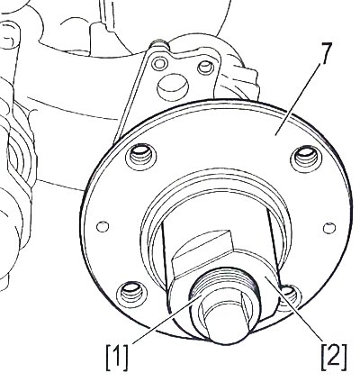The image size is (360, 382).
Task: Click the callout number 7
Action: click(x=323, y=53)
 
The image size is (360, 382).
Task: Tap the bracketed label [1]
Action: click(x=117, y=358)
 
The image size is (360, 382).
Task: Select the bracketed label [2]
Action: click(x=334, y=358)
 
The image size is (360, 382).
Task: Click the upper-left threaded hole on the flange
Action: click(x=141, y=157)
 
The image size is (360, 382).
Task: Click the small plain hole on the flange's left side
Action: click(x=103, y=226)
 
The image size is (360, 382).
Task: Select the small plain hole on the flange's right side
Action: click(x=329, y=228)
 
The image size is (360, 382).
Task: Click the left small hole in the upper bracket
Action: click(x=159, y=63)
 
